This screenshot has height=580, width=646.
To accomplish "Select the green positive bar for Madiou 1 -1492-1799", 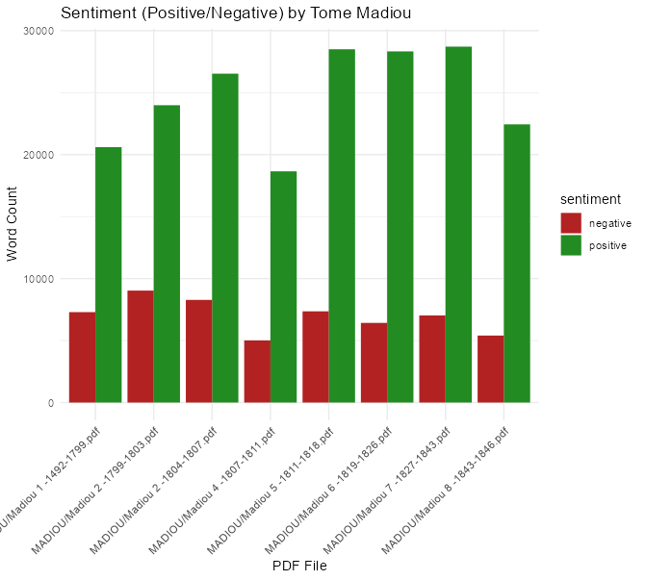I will pos(109,274).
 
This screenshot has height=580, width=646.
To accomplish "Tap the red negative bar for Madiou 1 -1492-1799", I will pos(82,357).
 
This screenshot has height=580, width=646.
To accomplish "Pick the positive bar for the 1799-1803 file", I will pos(167,253).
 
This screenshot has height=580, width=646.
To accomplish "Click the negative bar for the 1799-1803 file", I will pos(141,346).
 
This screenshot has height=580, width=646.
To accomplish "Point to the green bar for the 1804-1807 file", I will pos(225,238).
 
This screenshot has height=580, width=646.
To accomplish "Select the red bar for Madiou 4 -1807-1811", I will pos(257,371).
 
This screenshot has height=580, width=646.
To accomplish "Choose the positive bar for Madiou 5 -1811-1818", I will pos(342,225).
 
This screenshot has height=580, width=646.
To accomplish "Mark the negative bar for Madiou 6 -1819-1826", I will pos(374,363).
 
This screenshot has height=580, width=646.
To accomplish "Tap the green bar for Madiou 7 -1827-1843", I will pos(458,224).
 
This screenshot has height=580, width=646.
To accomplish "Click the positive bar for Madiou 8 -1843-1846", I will pos(517,263).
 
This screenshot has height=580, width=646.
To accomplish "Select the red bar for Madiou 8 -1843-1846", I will pos(490,368).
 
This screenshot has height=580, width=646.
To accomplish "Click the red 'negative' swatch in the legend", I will pos(571,223).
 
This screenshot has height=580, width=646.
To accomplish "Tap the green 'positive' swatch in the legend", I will pos(571,245).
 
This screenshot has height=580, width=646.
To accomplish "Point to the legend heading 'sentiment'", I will pos(590,199).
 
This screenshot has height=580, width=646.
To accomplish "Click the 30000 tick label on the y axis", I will pos(38,31).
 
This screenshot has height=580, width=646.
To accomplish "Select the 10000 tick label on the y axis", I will pos(38,279).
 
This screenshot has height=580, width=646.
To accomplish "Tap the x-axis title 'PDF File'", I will pos(299,566).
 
